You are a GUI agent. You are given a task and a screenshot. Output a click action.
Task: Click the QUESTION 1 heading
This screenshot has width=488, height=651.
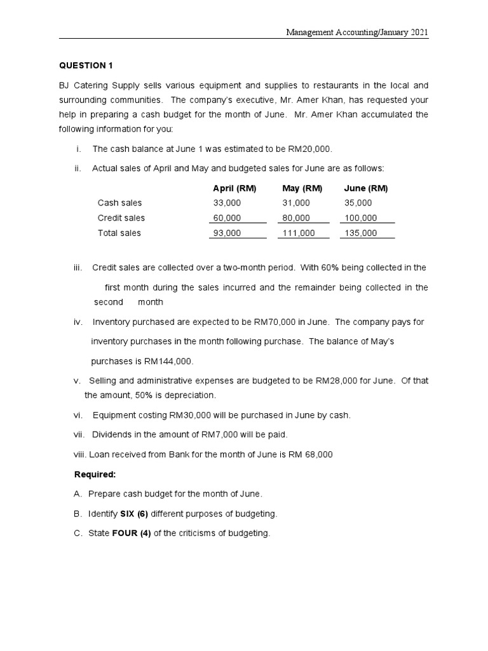[85, 65]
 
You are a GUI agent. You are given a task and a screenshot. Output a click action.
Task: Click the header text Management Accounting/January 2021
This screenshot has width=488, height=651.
[357, 32]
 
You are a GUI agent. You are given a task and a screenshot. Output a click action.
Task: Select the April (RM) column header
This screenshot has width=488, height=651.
[234, 188]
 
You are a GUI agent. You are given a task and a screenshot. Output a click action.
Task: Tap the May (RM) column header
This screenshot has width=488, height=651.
[302, 188]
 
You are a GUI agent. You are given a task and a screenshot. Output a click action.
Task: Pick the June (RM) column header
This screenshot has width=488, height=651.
[365, 188]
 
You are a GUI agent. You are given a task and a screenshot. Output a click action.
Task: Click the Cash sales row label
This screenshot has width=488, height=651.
[119, 203]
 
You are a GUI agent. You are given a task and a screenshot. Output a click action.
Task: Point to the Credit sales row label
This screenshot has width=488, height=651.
[121, 218]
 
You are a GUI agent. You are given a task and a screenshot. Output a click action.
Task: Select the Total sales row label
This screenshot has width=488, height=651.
[119, 233]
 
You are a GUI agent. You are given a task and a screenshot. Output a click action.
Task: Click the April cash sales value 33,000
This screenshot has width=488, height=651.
[227, 203]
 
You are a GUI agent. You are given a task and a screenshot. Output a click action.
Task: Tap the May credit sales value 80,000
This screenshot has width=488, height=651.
[295, 218]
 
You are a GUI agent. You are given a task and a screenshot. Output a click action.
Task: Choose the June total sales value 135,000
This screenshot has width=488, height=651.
[360, 233]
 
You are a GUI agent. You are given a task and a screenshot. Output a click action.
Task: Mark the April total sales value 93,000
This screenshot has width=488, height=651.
[227, 233]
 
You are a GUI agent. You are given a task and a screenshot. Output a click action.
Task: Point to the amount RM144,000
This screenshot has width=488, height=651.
[168, 361]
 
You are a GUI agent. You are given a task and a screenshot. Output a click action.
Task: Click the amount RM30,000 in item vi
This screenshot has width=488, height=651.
[191, 415]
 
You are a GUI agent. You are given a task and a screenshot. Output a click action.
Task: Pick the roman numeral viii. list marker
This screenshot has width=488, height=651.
[81, 455]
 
